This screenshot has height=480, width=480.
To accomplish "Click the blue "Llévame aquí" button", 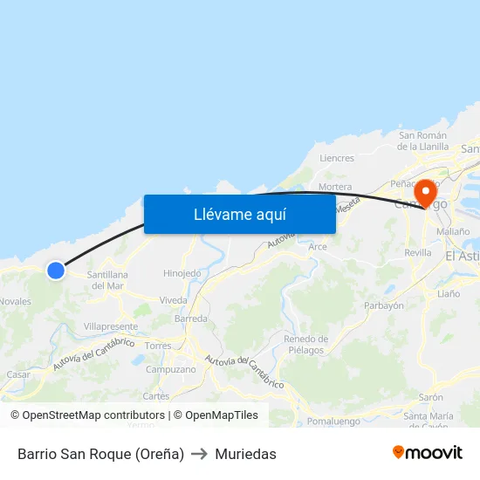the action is click(x=240, y=214).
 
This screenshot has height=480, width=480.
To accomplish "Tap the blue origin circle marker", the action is click(x=56, y=271).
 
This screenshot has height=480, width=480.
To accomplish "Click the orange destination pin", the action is click(x=426, y=193).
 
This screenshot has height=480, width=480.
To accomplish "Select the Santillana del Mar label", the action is click(x=108, y=280).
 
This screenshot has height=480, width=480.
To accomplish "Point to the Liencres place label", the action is click(x=337, y=159).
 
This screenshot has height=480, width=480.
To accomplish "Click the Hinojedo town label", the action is click(x=182, y=273).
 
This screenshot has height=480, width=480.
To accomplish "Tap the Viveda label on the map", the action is click(x=173, y=300).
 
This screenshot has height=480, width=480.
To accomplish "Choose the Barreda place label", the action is click(x=191, y=319).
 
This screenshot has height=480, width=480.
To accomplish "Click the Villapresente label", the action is click(x=111, y=326).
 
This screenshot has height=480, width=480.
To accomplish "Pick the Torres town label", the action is click(x=159, y=346).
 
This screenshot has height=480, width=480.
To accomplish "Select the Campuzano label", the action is click(x=170, y=369).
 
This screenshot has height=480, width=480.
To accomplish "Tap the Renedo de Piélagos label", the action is click(x=305, y=345).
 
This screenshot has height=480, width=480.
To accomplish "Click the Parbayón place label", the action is click(x=383, y=305).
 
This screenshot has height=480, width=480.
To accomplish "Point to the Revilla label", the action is click(x=418, y=253).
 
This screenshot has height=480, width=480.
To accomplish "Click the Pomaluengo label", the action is click(x=333, y=421).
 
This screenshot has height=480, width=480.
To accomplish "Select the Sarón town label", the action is click(x=430, y=397).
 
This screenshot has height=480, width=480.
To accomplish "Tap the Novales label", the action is click(x=16, y=302).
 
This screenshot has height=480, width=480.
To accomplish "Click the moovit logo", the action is click(x=428, y=453).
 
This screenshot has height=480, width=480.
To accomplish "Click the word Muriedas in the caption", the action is click(x=245, y=454).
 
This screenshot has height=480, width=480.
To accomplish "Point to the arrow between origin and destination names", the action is click(x=199, y=454).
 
